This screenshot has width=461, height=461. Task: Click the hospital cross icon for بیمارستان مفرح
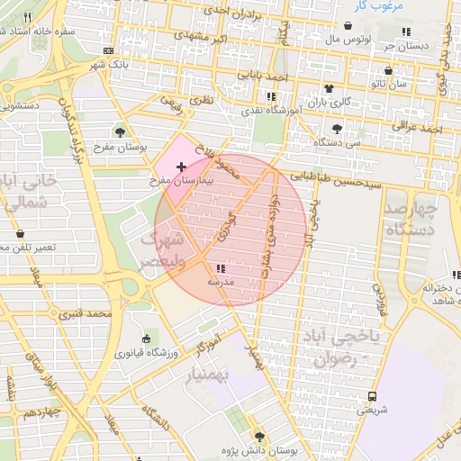(183, 167)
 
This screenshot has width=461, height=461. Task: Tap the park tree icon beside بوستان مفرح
(120, 131)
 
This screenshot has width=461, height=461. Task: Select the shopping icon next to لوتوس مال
(348, 27)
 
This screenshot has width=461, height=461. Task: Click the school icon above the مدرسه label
(221, 268)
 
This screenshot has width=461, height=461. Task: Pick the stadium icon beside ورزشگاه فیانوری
(146, 339)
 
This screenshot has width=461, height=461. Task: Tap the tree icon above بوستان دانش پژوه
(260, 435)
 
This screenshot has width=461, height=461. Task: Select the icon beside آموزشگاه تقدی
(271, 95)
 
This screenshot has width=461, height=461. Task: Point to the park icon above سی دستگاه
(337, 129)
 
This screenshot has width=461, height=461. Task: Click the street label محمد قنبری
(86, 315)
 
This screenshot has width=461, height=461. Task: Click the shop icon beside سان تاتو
(389, 69)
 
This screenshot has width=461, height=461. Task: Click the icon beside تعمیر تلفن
(20, 234)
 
